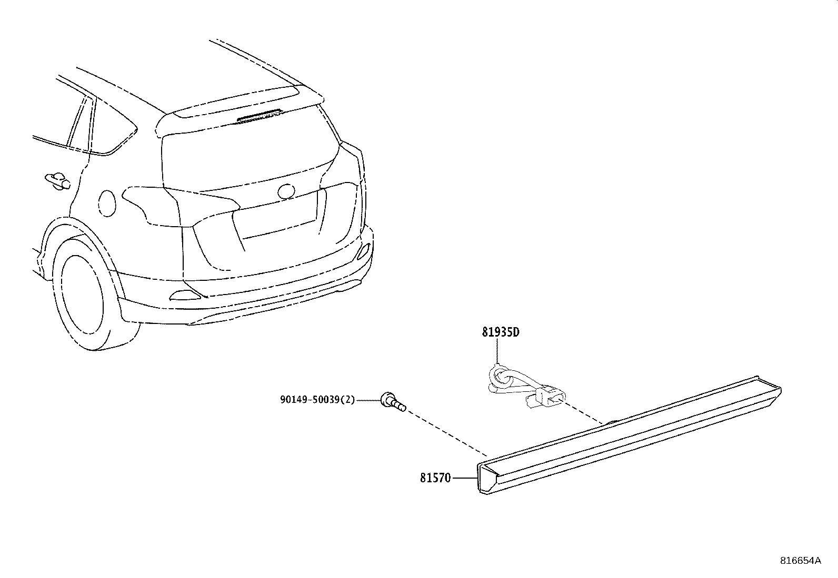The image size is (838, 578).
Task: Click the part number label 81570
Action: click(435, 478)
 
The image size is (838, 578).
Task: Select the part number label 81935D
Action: click(501, 332)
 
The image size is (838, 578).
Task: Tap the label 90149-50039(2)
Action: click(317, 400)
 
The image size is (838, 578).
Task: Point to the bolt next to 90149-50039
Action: click(393, 402)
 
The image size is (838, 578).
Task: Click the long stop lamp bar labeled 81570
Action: click(629, 435)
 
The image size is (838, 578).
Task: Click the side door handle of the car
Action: click(57, 181)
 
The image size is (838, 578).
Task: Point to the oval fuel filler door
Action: click(107, 204)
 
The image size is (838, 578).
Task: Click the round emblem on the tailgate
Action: click(286, 191)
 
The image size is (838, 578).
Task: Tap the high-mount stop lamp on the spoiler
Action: click(259, 115)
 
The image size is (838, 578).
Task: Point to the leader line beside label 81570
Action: click(465, 478)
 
